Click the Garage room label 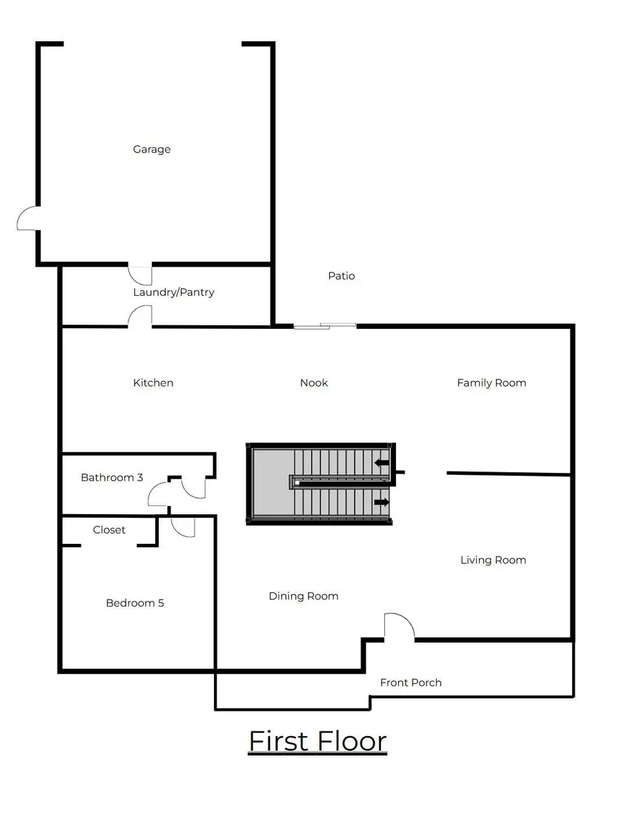click(x=152, y=149)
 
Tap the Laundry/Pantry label click(x=174, y=292)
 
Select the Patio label click(x=342, y=276)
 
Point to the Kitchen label click(x=153, y=383)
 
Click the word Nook click(x=314, y=383)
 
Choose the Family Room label click(x=491, y=383)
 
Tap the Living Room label click(x=493, y=560)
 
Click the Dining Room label click(x=304, y=596)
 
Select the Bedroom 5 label click(x=135, y=602)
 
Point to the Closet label click(x=109, y=529)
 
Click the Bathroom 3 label click(x=112, y=477)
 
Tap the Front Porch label click(x=411, y=682)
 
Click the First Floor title click(x=317, y=741)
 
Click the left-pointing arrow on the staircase click(x=382, y=463)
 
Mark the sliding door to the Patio click(x=325, y=325)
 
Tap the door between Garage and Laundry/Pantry click(x=140, y=274)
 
